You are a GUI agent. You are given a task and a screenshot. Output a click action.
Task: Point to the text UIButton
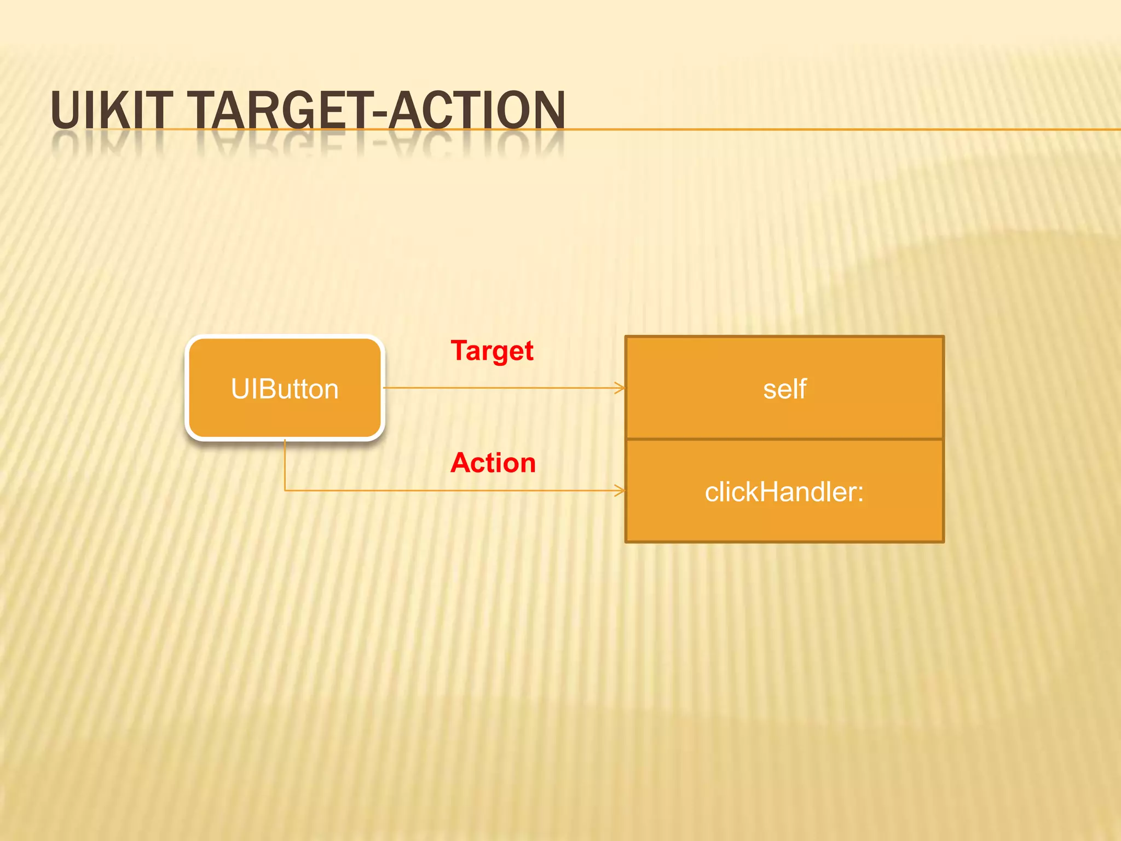(x=285, y=389)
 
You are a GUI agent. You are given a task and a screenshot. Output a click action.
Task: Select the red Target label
(x=492, y=351)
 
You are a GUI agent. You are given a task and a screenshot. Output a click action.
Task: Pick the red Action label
(x=493, y=463)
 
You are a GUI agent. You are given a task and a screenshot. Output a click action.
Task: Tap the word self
(x=784, y=389)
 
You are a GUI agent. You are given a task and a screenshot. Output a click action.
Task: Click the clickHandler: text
(x=783, y=492)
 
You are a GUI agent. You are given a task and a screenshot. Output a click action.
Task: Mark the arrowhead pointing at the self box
(x=621, y=388)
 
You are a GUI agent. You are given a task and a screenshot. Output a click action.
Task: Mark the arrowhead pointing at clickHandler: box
(x=621, y=491)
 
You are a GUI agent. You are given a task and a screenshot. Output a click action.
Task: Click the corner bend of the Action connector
(x=285, y=490)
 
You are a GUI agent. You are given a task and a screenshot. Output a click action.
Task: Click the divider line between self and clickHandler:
(x=784, y=439)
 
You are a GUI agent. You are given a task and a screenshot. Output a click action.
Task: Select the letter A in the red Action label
(x=461, y=463)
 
